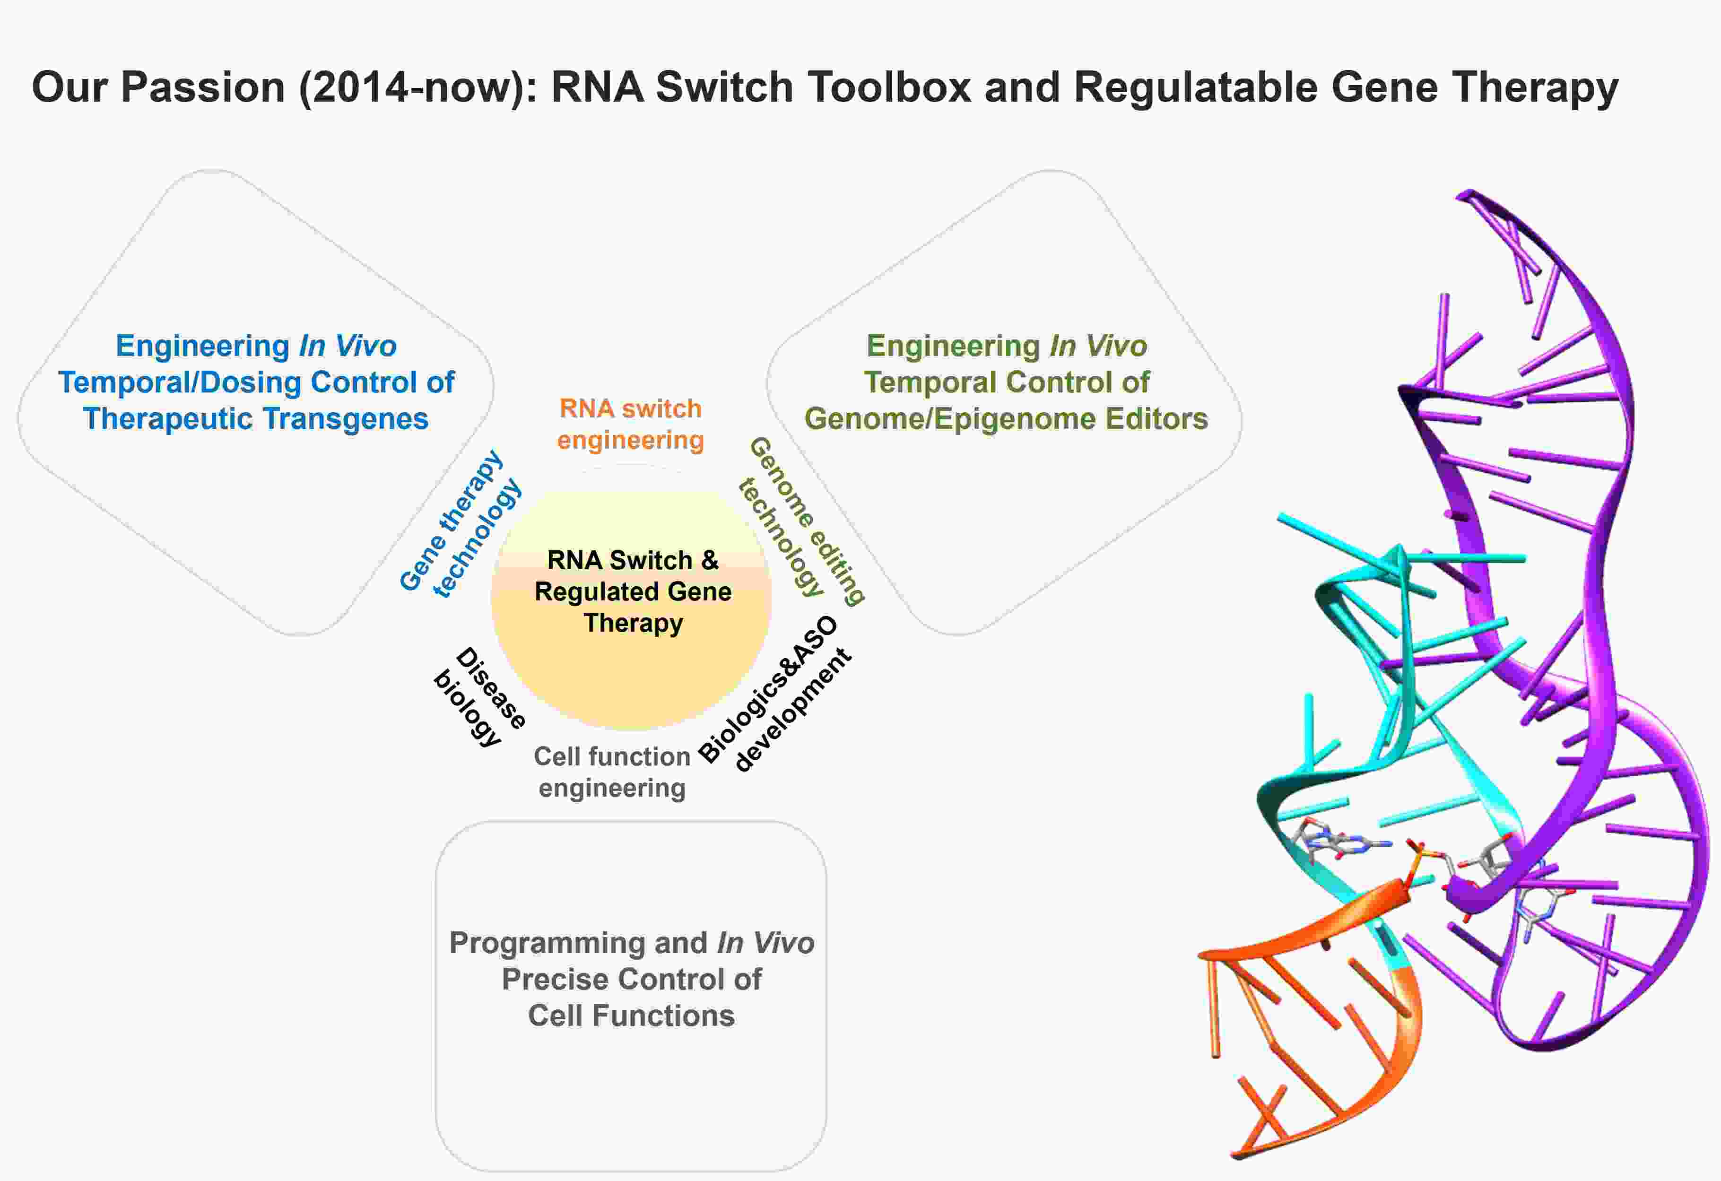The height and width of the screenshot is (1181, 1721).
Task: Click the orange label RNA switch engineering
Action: point(630,424)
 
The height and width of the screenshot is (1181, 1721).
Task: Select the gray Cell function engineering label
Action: point(612,772)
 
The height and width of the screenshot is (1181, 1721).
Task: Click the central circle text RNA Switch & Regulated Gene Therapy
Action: point(633,591)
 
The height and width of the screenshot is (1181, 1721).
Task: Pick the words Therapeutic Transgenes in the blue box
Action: point(255,419)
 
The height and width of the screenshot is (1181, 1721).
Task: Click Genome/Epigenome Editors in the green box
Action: point(1006,419)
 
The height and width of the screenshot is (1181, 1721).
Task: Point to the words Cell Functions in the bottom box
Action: point(631,1016)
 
